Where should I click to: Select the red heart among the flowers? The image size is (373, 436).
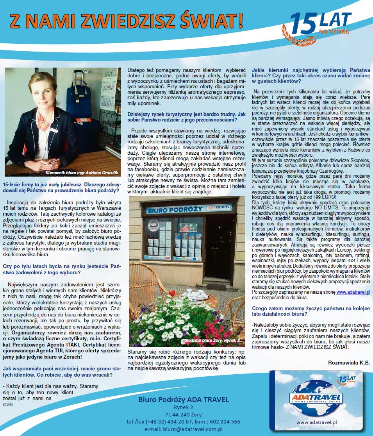171,293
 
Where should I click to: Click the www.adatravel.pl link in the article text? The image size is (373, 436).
353,291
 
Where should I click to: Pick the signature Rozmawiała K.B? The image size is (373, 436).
349,362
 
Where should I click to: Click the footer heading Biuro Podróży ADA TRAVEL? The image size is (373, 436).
184,399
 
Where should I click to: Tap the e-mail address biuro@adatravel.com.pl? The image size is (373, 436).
184,429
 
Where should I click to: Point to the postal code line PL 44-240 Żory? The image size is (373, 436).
184,414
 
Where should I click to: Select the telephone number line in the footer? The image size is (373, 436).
184,422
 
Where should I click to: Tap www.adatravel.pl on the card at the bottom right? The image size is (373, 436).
316,422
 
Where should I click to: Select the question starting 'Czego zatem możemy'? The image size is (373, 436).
311,311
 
